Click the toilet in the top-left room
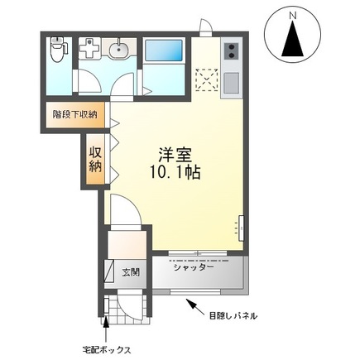click(57, 52)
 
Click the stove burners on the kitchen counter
click(229, 51)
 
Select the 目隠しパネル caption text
click(233, 315)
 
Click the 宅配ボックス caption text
click(107, 350)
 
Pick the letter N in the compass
click(292, 15)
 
